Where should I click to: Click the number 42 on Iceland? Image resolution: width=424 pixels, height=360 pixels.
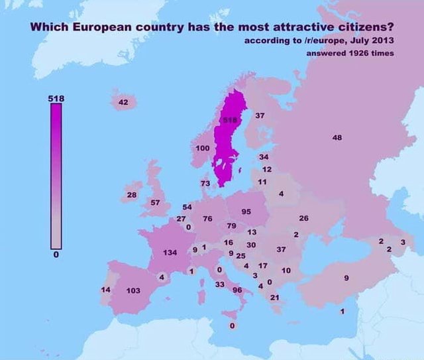tap(123, 102)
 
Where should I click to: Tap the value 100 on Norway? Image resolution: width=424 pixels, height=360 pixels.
tap(203, 147)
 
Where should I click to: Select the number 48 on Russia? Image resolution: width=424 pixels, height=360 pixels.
tap(337, 137)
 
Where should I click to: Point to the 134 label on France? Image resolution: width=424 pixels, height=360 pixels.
tap(170, 253)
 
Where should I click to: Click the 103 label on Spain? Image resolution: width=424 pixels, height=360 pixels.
tap(133, 290)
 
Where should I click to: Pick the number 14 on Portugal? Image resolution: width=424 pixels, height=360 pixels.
tap(105, 290)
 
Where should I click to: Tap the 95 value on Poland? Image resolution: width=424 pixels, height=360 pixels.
tap(246, 211)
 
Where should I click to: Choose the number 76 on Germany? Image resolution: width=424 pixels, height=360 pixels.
tap(207, 218)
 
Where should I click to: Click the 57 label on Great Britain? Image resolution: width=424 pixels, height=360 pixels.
tap(155, 202)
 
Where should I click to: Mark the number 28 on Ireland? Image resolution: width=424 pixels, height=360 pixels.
tap(131, 195)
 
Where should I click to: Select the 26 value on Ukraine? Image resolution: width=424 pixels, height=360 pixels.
tap(304, 218)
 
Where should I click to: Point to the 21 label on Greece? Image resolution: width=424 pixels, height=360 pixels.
tap(275, 297)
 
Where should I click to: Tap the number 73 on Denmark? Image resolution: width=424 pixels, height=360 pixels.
tap(205, 183)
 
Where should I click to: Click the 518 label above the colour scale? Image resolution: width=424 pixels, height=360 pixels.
tap(56, 98)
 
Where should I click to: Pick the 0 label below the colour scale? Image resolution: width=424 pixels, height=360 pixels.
tap(56, 254)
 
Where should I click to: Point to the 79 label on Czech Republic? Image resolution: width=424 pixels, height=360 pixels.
tap(231, 226)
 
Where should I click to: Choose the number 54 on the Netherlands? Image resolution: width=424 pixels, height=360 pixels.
tap(187, 208)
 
